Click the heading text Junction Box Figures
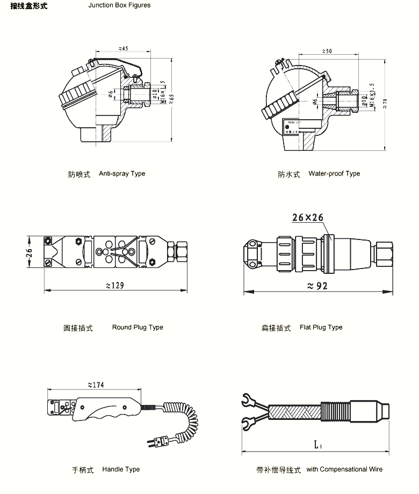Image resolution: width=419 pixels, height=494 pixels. click(x=119, y=5)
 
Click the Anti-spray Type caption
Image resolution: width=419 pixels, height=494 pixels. click(x=122, y=174)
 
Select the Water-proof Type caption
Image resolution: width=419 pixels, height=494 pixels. click(x=334, y=174)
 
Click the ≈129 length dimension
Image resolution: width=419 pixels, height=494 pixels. click(x=115, y=285)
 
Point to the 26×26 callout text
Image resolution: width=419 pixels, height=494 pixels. click(x=308, y=217)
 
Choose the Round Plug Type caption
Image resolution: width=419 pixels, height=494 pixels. click(x=138, y=328)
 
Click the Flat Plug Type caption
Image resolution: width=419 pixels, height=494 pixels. click(x=321, y=328)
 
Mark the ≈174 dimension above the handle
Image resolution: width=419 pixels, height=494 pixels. click(x=95, y=384)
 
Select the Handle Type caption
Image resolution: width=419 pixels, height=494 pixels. click(x=121, y=470)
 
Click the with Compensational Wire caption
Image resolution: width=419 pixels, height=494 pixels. click(x=344, y=470)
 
